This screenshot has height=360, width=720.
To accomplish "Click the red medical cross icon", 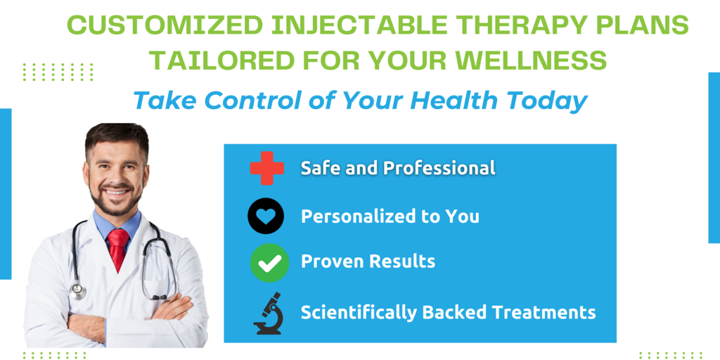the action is (x=266, y=168).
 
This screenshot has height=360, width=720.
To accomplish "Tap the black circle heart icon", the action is (x=266, y=216).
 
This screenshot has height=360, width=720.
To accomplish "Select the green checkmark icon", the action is (x=269, y=263).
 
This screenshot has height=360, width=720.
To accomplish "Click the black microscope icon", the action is (x=269, y=313).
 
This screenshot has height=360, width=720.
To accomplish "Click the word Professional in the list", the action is (x=439, y=168).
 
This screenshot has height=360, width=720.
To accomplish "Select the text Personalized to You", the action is (x=390, y=216).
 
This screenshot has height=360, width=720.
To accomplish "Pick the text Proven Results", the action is (x=368, y=262).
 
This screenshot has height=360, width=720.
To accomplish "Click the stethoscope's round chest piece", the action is (x=77, y=291).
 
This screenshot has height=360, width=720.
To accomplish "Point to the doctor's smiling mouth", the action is (x=117, y=192).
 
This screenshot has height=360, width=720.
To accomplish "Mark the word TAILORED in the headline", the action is (x=219, y=60).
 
